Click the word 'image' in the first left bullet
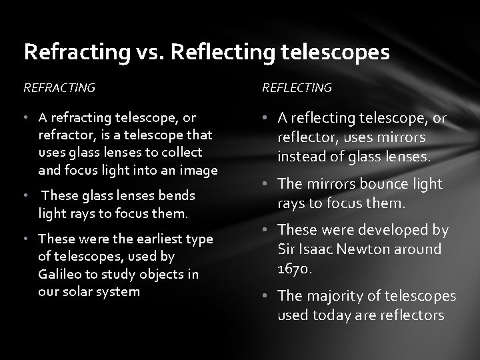coord(199,171)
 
